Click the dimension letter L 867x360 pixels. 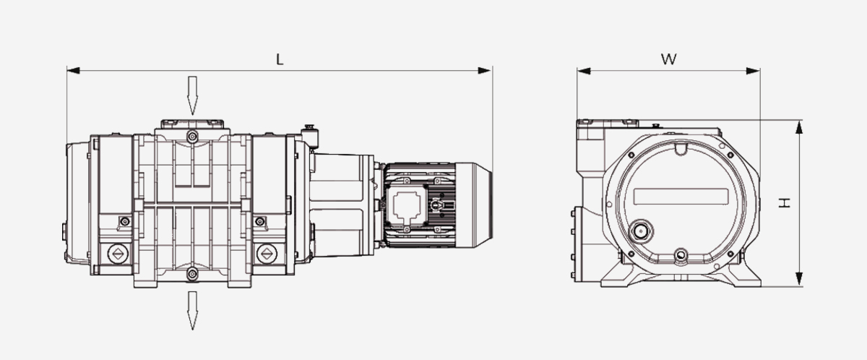click(280, 59)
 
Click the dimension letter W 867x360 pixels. click(669, 59)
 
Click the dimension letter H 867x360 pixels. click(785, 202)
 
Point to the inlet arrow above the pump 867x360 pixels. click(192, 95)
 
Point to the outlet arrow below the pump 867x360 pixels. click(192, 310)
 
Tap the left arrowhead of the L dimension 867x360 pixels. click(73, 70)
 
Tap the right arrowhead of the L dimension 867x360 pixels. click(485, 70)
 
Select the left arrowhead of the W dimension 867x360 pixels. click(584, 71)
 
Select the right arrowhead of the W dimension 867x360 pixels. click(753, 71)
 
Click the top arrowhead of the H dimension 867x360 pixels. click(799, 127)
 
